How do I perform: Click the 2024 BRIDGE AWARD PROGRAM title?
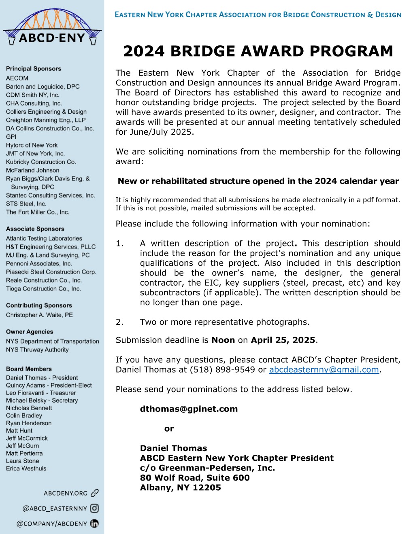click(258, 51)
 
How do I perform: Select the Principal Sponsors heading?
click(34, 69)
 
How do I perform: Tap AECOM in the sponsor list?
click(17, 78)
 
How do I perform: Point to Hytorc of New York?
click(32, 145)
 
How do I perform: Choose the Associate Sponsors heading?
click(35, 229)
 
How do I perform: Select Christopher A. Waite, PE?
click(39, 315)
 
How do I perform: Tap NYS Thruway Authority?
click(37, 350)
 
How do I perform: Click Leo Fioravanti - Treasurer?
click(41, 393)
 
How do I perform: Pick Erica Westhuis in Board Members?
click(26, 468)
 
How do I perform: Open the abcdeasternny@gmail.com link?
click(324, 369)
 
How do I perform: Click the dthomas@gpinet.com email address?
click(189, 409)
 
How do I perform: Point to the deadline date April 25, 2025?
click(283, 340)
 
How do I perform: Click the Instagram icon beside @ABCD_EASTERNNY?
click(94, 509)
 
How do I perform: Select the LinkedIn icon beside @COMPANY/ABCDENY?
click(94, 523)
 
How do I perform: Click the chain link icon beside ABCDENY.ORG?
click(95, 493)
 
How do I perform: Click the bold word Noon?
click(223, 340)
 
